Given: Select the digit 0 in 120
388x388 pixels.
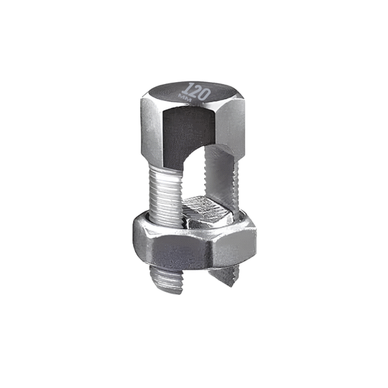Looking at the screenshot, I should click(205, 94).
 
